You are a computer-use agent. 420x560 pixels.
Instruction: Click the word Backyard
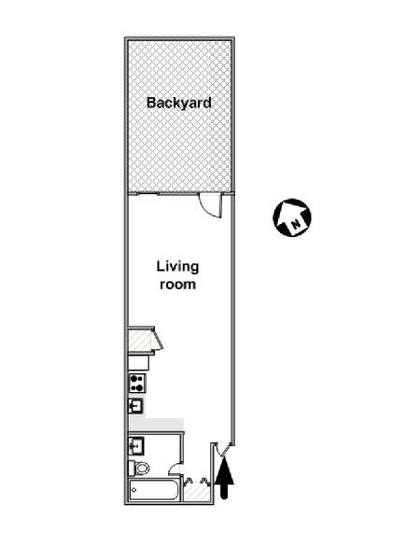click(179, 103)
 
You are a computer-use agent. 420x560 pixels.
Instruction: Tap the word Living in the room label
click(177, 267)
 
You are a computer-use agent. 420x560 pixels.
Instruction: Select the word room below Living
click(177, 285)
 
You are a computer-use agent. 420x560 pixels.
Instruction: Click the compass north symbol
click(292, 217)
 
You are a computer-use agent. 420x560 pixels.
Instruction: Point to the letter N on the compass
click(296, 224)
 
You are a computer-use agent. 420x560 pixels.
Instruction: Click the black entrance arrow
click(224, 478)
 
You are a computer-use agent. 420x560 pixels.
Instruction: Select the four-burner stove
click(137, 383)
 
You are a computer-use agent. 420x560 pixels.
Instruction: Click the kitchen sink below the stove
click(135, 406)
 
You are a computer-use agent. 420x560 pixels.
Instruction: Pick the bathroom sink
click(136, 446)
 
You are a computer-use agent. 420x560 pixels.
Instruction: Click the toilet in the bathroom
click(139, 469)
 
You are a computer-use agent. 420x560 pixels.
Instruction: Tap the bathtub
click(154, 490)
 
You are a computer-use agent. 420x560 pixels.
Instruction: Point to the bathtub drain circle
click(133, 490)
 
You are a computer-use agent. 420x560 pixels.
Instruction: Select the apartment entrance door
click(223, 448)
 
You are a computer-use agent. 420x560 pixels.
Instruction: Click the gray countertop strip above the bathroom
click(156, 425)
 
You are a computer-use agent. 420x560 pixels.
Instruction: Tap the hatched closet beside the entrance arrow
click(197, 491)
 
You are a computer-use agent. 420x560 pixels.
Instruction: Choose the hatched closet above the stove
click(140, 342)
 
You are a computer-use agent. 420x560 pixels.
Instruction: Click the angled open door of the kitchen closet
click(157, 340)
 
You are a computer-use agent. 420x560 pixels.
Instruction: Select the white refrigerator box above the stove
click(138, 363)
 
